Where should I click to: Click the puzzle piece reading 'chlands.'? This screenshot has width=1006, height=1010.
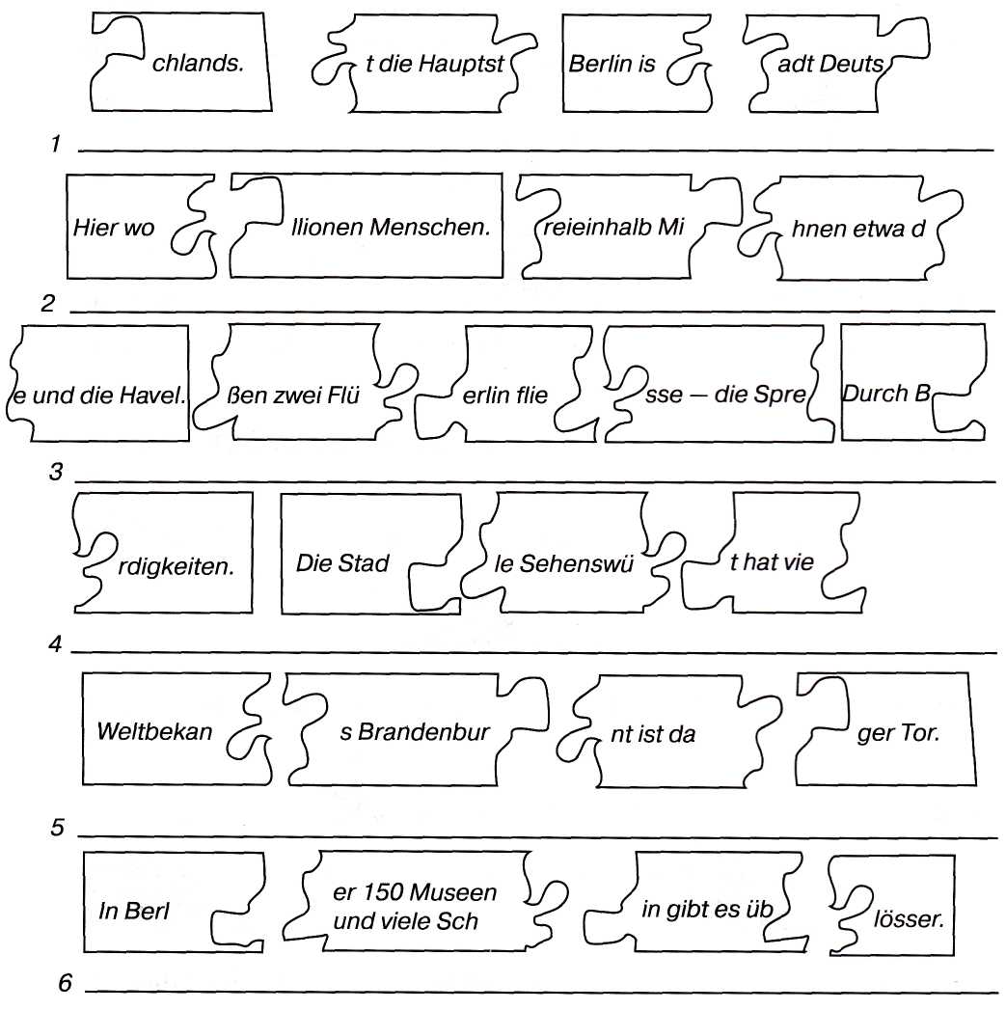click(198, 65)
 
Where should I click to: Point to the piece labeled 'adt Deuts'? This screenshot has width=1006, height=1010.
click(829, 65)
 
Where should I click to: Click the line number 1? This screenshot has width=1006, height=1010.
click(56, 145)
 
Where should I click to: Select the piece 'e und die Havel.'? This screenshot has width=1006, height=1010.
click(96, 394)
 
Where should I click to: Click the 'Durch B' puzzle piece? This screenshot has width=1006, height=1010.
click(883, 393)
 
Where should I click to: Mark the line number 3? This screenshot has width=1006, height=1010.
click(56, 473)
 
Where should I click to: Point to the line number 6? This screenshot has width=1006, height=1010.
click(66, 983)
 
